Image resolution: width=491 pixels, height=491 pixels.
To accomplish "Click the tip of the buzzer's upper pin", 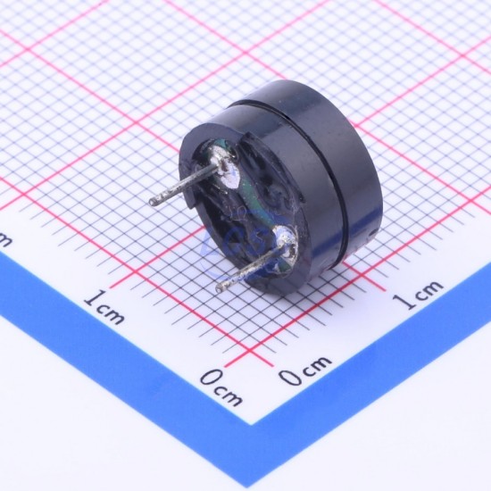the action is (153, 202).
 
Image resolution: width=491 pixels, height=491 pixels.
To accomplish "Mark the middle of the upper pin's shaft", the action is (185, 185).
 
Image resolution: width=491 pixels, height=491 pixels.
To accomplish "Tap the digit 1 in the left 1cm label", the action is (95, 298).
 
